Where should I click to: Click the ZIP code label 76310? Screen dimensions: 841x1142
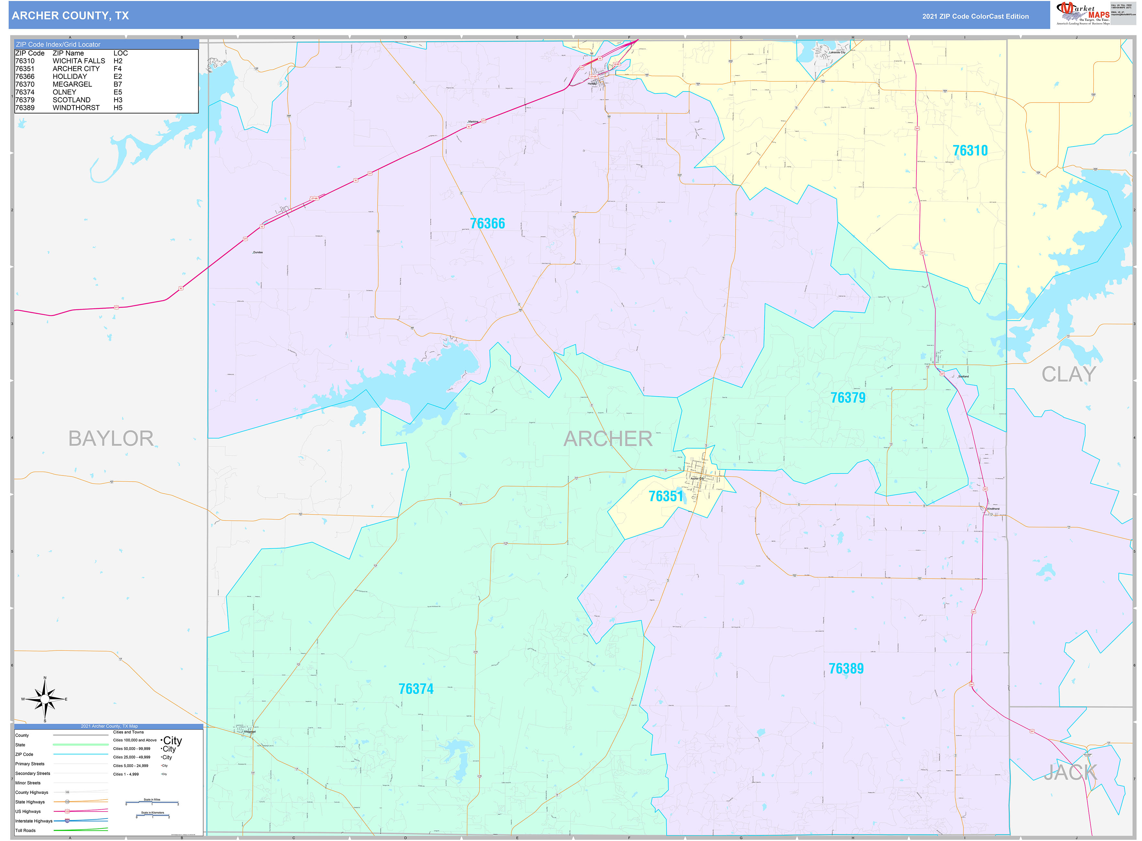tap(970, 151)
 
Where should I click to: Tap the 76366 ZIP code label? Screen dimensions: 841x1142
tap(487, 224)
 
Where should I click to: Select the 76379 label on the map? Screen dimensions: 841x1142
tap(848, 398)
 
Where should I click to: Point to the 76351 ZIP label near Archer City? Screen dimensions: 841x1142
tap(665, 497)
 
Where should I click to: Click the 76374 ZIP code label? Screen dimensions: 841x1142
tap(416, 689)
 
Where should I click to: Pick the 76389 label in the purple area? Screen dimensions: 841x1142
tap(846, 668)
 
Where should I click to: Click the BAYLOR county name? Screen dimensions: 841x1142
tap(111, 438)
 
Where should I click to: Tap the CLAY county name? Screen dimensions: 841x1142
tap(1068, 374)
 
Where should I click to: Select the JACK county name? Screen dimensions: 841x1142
tap(1070, 773)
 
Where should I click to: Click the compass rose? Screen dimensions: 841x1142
tap(45, 699)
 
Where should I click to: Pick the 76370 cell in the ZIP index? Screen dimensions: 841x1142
tap(25, 84)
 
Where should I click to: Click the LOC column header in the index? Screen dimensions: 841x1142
tap(121, 53)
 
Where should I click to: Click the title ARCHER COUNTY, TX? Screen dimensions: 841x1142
tap(70, 16)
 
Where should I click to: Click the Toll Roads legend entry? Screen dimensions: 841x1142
tap(26, 830)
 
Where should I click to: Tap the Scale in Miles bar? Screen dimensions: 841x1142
tap(152, 803)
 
